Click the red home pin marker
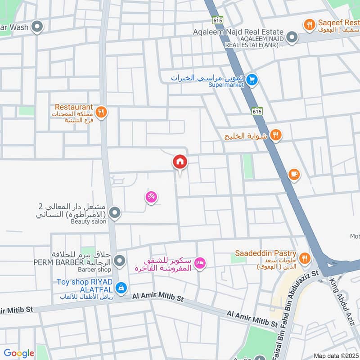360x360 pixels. (x=180, y=162)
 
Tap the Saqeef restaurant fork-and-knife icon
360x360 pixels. (x=309, y=25)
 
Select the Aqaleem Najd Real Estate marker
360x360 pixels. (x=292, y=37)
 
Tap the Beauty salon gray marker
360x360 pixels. (x=115, y=213)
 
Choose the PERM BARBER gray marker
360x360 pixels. (x=119, y=261)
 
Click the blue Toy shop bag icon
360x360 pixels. (x=121, y=287)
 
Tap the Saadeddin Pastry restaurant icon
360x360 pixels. (x=305, y=258)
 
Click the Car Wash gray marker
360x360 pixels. (x=38, y=27)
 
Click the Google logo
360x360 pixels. (x=19, y=353)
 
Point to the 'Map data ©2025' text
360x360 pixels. (x=336, y=355)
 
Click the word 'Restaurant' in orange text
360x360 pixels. (x=74, y=107)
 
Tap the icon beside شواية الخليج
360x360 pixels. (x=276, y=135)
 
